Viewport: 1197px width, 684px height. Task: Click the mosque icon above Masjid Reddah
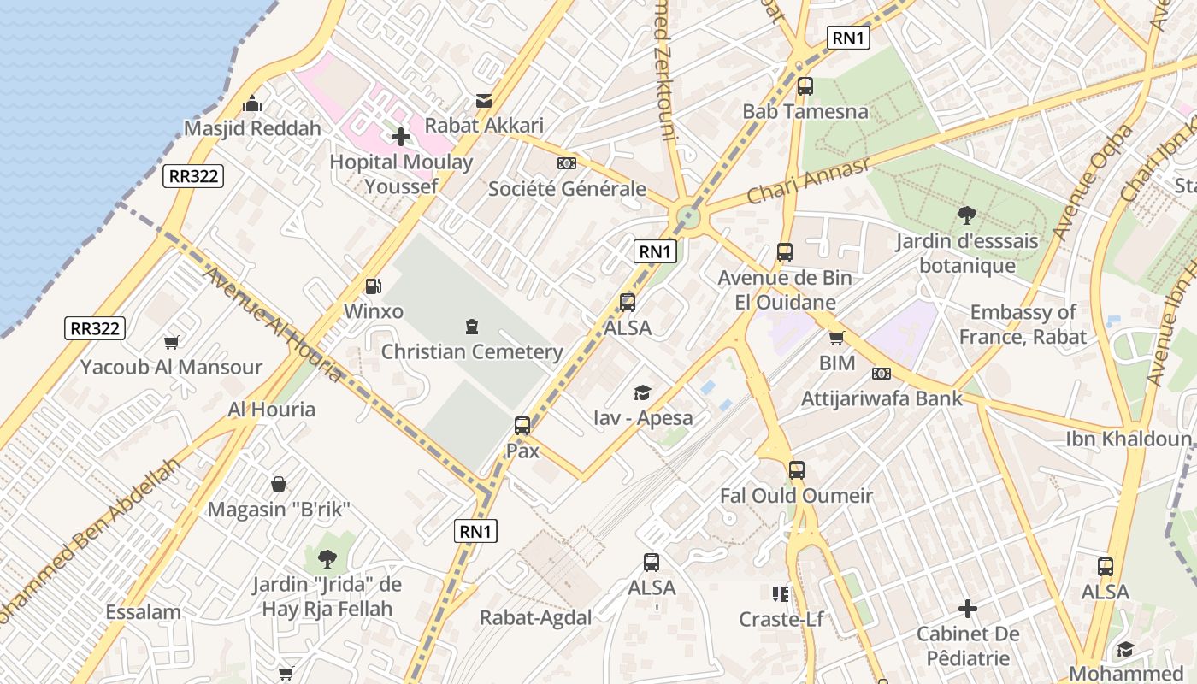point(252,103)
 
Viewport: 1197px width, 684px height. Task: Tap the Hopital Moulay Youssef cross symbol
point(401,136)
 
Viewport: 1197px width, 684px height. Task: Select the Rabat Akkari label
point(484,125)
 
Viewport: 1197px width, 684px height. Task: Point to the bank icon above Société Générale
point(566,163)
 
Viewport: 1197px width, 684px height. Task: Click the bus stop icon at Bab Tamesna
point(805,86)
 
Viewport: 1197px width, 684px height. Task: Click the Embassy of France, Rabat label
point(1023,325)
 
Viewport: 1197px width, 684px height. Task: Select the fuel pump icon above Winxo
point(373,286)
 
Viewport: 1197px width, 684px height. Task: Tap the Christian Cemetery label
point(472,351)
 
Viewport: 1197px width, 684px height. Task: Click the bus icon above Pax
point(522,425)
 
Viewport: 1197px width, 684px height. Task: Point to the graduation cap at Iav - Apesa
point(642,392)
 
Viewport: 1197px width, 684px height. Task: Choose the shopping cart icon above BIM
point(836,338)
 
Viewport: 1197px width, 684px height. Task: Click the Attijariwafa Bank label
point(882,398)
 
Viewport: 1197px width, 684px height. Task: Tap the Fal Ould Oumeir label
point(796,496)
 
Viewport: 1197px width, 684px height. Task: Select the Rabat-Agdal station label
point(535,618)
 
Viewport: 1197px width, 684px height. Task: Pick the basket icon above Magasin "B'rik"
point(279,485)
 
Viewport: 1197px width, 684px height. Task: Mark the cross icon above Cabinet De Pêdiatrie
point(968,609)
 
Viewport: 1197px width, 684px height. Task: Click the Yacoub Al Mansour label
point(171,368)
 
